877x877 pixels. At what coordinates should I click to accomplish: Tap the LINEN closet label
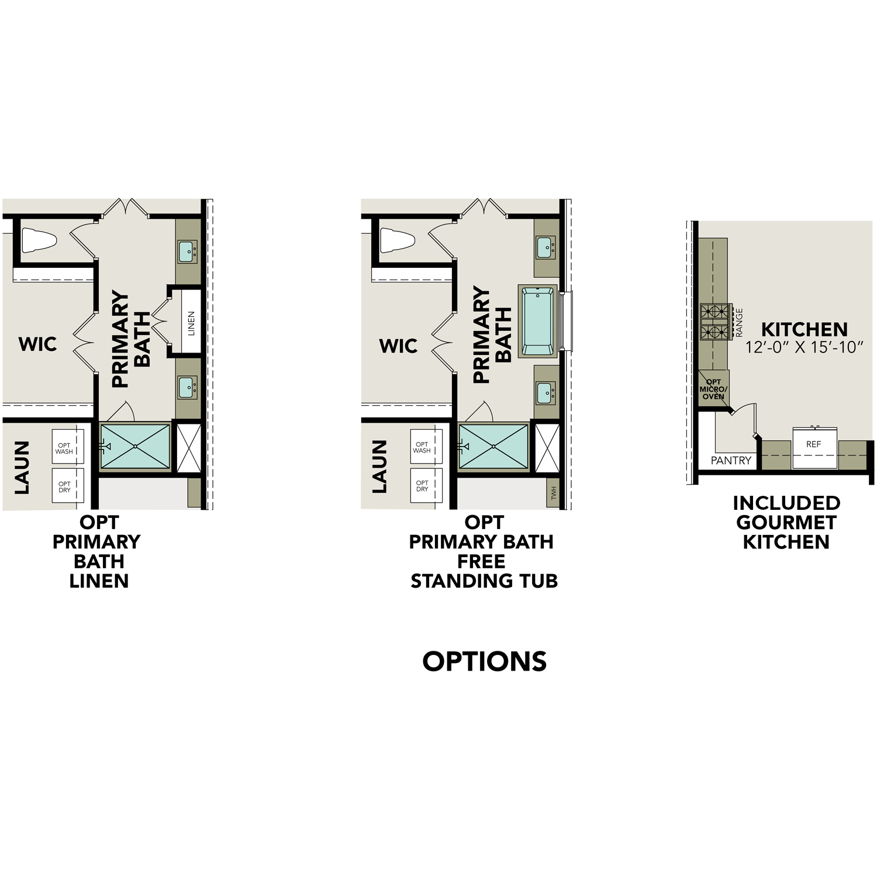pyautogui.click(x=191, y=323)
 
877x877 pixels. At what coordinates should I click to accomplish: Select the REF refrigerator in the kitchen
pyautogui.click(x=813, y=447)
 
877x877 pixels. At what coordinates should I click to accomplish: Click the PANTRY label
pyautogui.click(x=731, y=461)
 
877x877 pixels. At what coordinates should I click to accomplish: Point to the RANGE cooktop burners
pyautogui.click(x=716, y=322)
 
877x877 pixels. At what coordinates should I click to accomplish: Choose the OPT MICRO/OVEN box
pyautogui.click(x=713, y=389)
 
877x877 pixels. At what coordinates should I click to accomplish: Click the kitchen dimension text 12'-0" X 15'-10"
pyautogui.click(x=804, y=347)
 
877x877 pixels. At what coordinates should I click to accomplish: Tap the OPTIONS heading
pyautogui.click(x=484, y=661)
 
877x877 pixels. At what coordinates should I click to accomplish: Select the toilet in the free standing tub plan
pyautogui.click(x=398, y=240)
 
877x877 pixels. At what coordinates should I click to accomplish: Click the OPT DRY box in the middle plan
pyautogui.click(x=422, y=486)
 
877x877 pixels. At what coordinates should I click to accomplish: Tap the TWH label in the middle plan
pyautogui.click(x=554, y=494)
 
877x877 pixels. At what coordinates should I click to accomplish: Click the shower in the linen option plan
pyautogui.click(x=136, y=447)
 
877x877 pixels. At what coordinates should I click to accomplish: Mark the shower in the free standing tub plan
pyautogui.click(x=493, y=447)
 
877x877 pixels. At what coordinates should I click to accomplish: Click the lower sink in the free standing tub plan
pyautogui.click(x=545, y=392)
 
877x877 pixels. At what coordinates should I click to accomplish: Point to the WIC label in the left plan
pyautogui.click(x=38, y=344)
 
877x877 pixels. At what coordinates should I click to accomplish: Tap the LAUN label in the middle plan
pyautogui.click(x=379, y=467)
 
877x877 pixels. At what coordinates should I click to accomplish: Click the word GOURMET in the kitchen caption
pyautogui.click(x=786, y=522)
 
